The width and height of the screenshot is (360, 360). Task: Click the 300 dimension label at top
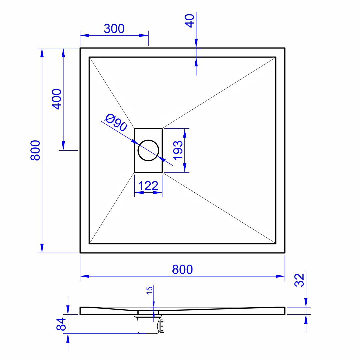click(x=114, y=29)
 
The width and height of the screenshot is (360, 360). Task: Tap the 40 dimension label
click(x=190, y=21)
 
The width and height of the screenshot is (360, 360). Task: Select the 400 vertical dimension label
click(x=56, y=99)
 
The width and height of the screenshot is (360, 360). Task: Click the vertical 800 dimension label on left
click(x=35, y=150)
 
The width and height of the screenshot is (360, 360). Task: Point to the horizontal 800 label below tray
click(x=182, y=270)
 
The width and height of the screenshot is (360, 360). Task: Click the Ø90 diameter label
click(x=116, y=123)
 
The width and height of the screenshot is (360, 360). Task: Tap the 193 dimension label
click(x=178, y=150)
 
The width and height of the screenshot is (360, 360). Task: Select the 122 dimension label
click(x=148, y=186)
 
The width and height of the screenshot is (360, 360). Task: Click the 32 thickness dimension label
click(x=299, y=280)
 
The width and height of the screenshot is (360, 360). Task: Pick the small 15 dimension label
click(x=149, y=290)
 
